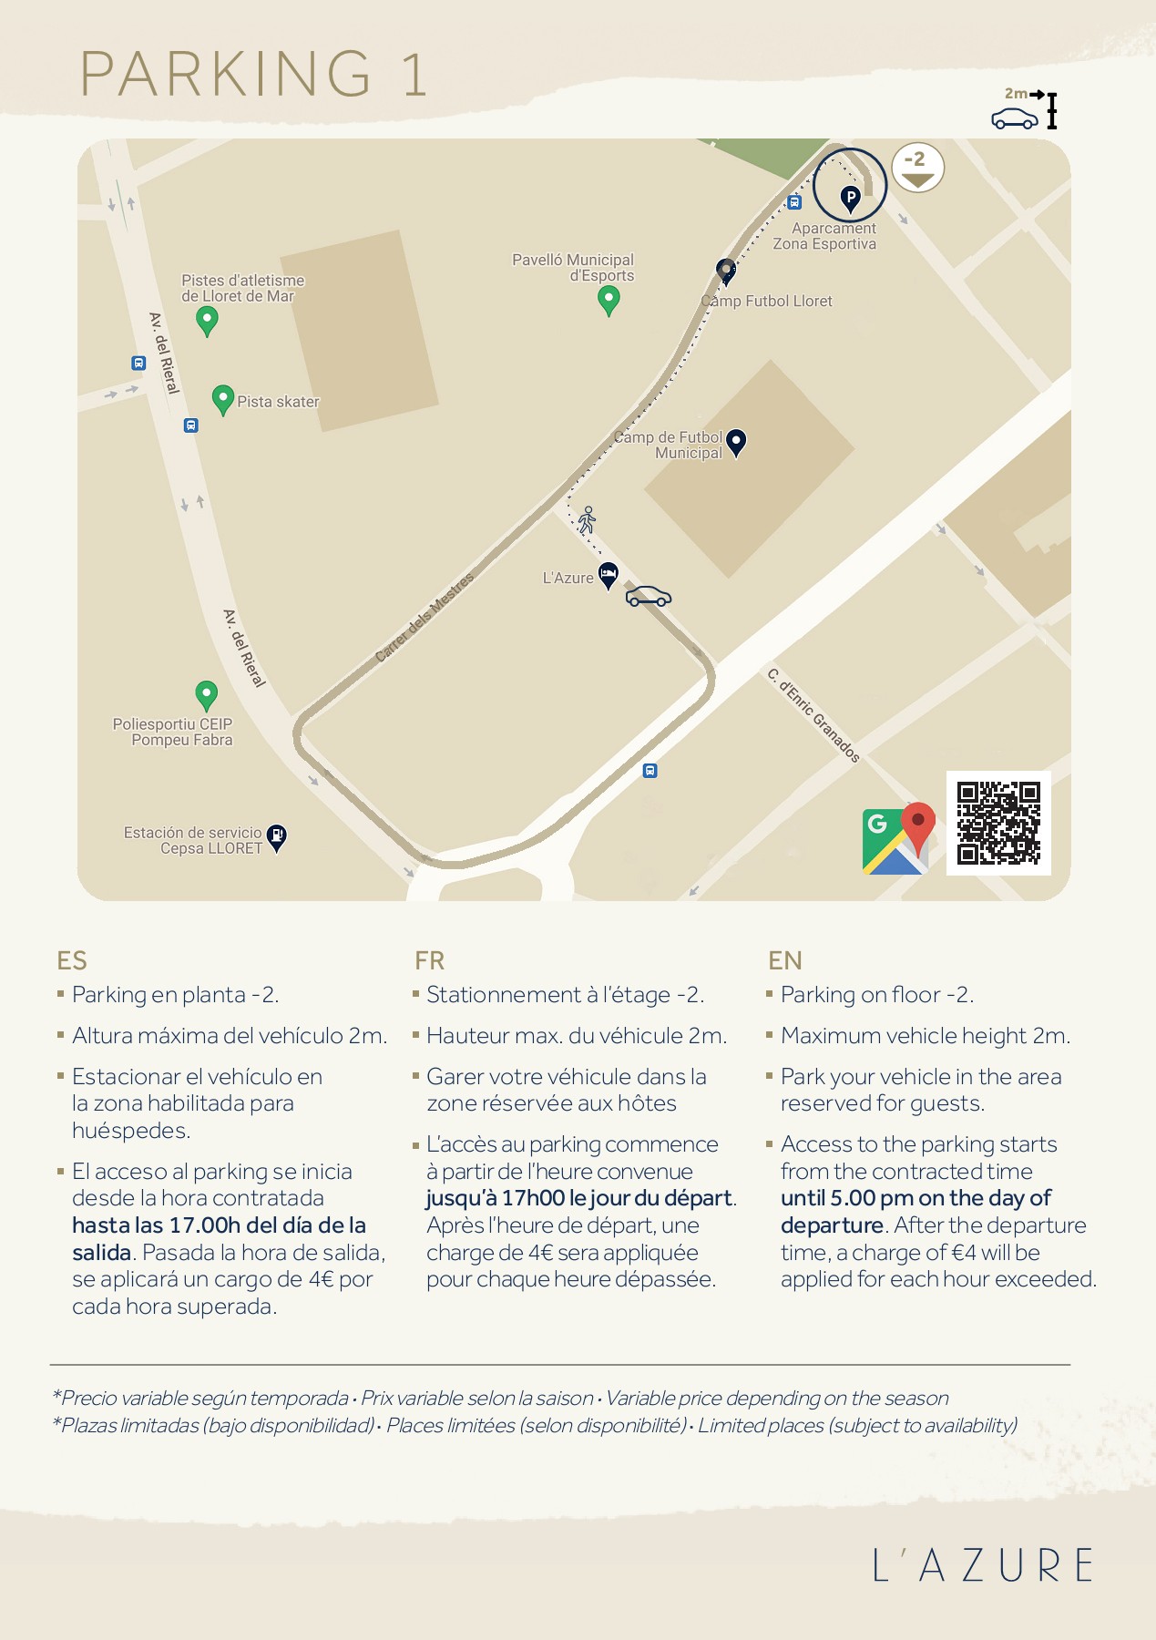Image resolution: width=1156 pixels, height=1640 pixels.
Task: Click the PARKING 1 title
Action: (253, 74)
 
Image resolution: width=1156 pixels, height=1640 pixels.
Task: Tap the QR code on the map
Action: (998, 823)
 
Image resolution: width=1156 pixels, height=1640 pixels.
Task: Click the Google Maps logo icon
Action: (898, 839)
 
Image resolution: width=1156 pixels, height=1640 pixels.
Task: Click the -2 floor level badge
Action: (917, 168)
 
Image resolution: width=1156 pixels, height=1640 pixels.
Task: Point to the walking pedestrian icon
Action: (588, 520)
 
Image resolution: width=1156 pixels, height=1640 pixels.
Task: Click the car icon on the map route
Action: (649, 597)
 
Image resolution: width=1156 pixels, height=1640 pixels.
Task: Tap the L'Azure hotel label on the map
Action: (568, 578)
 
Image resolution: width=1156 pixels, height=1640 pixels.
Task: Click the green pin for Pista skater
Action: (222, 399)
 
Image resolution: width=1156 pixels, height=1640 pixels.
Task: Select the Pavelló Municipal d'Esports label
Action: (573, 268)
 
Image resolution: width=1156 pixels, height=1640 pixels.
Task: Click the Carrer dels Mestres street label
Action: (425, 618)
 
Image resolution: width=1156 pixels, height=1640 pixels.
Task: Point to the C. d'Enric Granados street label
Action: (813, 715)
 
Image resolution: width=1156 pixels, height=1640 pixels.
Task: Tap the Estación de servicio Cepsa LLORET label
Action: (193, 840)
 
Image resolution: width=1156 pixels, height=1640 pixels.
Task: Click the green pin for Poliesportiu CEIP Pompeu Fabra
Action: (207, 694)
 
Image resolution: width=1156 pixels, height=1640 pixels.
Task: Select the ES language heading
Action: (72, 960)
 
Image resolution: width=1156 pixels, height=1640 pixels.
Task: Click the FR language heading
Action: (429, 960)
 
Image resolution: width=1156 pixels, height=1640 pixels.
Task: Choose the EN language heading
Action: (785, 960)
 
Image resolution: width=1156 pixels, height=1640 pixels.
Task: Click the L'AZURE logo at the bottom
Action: (983, 1565)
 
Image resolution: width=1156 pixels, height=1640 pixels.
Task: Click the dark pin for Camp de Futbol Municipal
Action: (736, 442)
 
